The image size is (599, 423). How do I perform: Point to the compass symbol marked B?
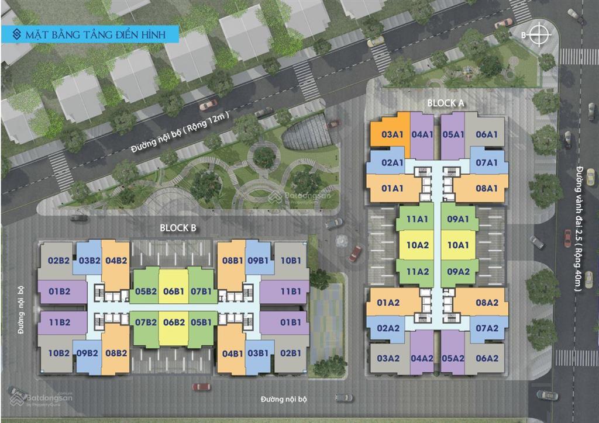tap(539, 35)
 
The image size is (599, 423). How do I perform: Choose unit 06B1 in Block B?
tap(174, 291)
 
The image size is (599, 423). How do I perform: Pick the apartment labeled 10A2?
tap(418, 245)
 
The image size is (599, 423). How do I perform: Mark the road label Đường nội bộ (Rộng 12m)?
tap(181, 134)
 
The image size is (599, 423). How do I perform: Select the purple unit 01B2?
tap(60, 291)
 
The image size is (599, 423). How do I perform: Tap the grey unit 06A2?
tap(487, 358)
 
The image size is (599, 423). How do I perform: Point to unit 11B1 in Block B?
tap(290, 291)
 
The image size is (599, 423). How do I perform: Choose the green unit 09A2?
tap(459, 271)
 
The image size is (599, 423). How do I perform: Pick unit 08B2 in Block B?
tap(116, 353)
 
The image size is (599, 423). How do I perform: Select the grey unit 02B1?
tap(290, 353)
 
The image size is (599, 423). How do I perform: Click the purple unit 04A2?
tap(422, 358)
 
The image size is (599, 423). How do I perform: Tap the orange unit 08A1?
tap(487, 189)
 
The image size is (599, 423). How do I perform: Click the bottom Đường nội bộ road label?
tap(284, 400)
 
